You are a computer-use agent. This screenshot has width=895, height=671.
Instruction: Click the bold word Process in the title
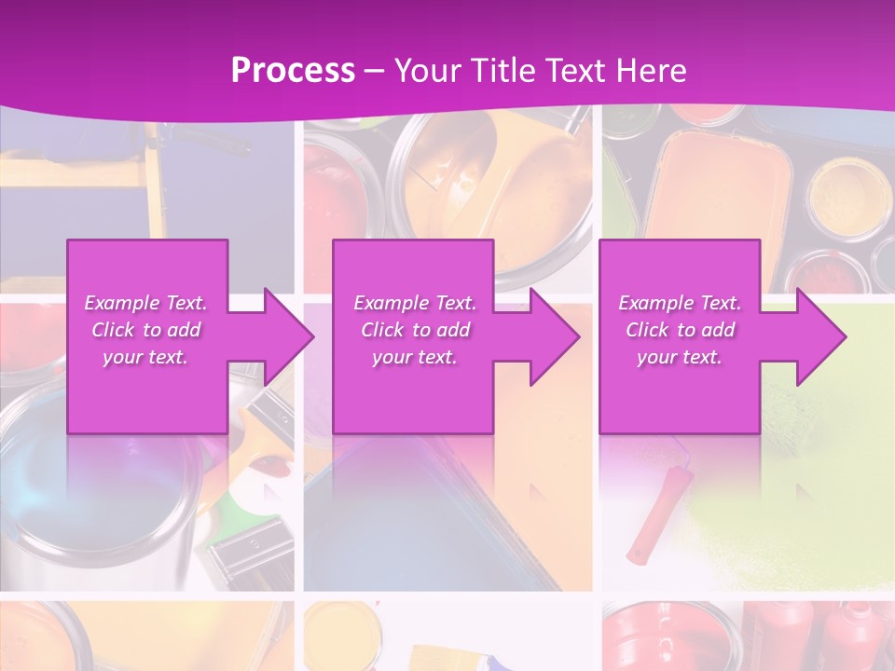[x=293, y=71]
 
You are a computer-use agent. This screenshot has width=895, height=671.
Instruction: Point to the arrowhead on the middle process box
[x=553, y=336]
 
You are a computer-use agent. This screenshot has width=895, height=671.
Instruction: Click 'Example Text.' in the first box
[x=146, y=303]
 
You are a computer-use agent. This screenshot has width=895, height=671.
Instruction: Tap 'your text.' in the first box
[x=146, y=357]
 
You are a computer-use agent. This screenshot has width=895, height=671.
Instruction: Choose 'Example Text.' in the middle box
[x=415, y=303]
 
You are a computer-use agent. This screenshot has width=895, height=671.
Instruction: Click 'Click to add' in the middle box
[x=415, y=330]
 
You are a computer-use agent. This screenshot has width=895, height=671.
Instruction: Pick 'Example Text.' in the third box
[x=680, y=303]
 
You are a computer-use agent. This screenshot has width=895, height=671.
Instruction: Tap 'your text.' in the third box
[x=680, y=357]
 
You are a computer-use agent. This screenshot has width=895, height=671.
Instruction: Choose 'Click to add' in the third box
[x=680, y=330]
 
